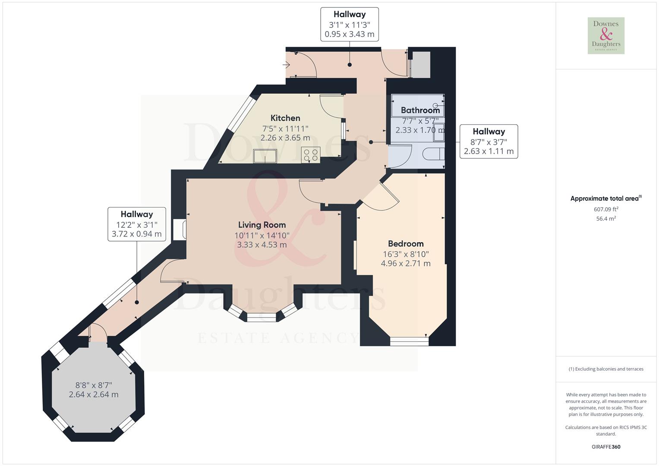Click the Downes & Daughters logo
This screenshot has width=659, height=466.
click(x=606, y=35)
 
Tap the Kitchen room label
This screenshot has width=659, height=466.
click(x=285, y=118)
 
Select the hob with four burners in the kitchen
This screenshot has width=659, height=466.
click(x=311, y=155)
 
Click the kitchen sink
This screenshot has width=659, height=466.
click(x=265, y=156)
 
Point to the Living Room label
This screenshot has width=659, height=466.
click(x=262, y=225)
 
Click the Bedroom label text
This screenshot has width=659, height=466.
click(x=406, y=244)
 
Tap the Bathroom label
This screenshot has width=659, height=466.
click(x=420, y=110)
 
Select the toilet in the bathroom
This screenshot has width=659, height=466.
click(x=433, y=154)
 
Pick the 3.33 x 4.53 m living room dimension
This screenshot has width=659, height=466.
click(x=262, y=245)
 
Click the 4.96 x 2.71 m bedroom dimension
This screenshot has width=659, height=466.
click(x=406, y=264)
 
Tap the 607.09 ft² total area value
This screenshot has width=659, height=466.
click(x=606, y=209)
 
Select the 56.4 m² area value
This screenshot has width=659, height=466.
click(x=606, y=219)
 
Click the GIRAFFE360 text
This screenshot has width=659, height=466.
click(x=606, y=447)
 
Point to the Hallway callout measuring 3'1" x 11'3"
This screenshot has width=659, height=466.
click(x=350, y=25)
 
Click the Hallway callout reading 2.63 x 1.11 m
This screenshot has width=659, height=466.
click(x=489, y=142)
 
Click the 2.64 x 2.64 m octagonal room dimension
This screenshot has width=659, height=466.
click(x=94, y=395)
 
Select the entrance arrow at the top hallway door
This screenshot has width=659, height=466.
click(x=287, y=65)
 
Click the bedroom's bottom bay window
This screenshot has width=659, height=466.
click(x=409, y=341)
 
